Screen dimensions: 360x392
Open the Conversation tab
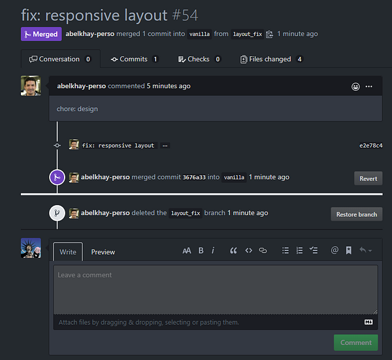pyautogui.click(x=59, y=59)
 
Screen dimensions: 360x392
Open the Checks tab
pyautogui.click(x=199, y=59)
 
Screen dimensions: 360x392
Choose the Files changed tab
pyautogui.click(x=270, y=59)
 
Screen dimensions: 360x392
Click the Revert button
pyautogui.click(x=368, y=178)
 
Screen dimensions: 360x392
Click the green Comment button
pyautogui.click(x=355, y=342)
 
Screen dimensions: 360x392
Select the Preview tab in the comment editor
pyautogui.click(x=103, y=252)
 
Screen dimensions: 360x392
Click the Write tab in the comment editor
pyautogui.click(x=68, y=252)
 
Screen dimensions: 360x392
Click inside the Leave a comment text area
pyautogui.click(x=215, y=289)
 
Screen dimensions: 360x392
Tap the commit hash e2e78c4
pyautogui.click(x=370, y=146)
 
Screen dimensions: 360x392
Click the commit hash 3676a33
pyautogui.click(x=193, y=177)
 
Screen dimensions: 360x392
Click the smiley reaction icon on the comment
pyautogui.click(x=355, y=86)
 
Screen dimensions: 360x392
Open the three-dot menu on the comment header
pyautogui.click(x=369, y=86)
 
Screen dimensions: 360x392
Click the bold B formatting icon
pyautogui.click(x=201, y=250)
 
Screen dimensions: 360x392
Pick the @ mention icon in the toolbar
pyautogui.click(x=335, y=250)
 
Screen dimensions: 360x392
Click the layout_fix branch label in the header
pyautogui.click(x=248, y=35)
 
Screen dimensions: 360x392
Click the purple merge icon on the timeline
pyautogui.click(x=57, y=177)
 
